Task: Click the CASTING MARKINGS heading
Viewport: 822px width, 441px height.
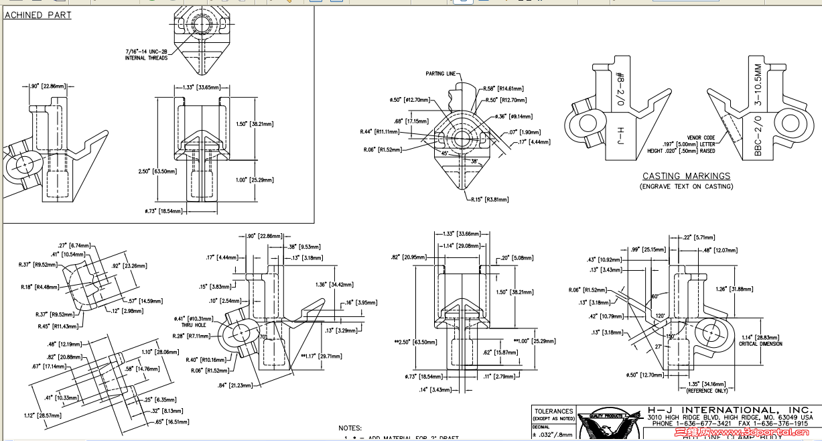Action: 686,176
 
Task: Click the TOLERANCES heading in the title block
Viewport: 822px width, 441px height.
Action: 553,411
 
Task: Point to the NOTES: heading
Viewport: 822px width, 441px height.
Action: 350,428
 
